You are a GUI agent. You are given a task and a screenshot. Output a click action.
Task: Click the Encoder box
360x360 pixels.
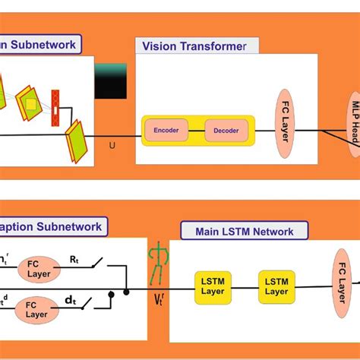(166, 131)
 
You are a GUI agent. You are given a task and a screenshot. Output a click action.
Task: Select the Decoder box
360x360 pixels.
(226, 131)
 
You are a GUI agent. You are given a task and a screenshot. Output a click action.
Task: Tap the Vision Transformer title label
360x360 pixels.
(194, 46)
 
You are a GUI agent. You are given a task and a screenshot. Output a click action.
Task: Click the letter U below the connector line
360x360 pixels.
(113, 144)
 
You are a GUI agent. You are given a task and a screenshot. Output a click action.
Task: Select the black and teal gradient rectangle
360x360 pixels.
(110, 81)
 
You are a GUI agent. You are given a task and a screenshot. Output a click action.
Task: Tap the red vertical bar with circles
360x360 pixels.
(55, 108)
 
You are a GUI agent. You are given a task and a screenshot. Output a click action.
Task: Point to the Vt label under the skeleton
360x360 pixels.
(159, 299)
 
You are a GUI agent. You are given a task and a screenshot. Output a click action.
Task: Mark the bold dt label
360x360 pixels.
(70, 301)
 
